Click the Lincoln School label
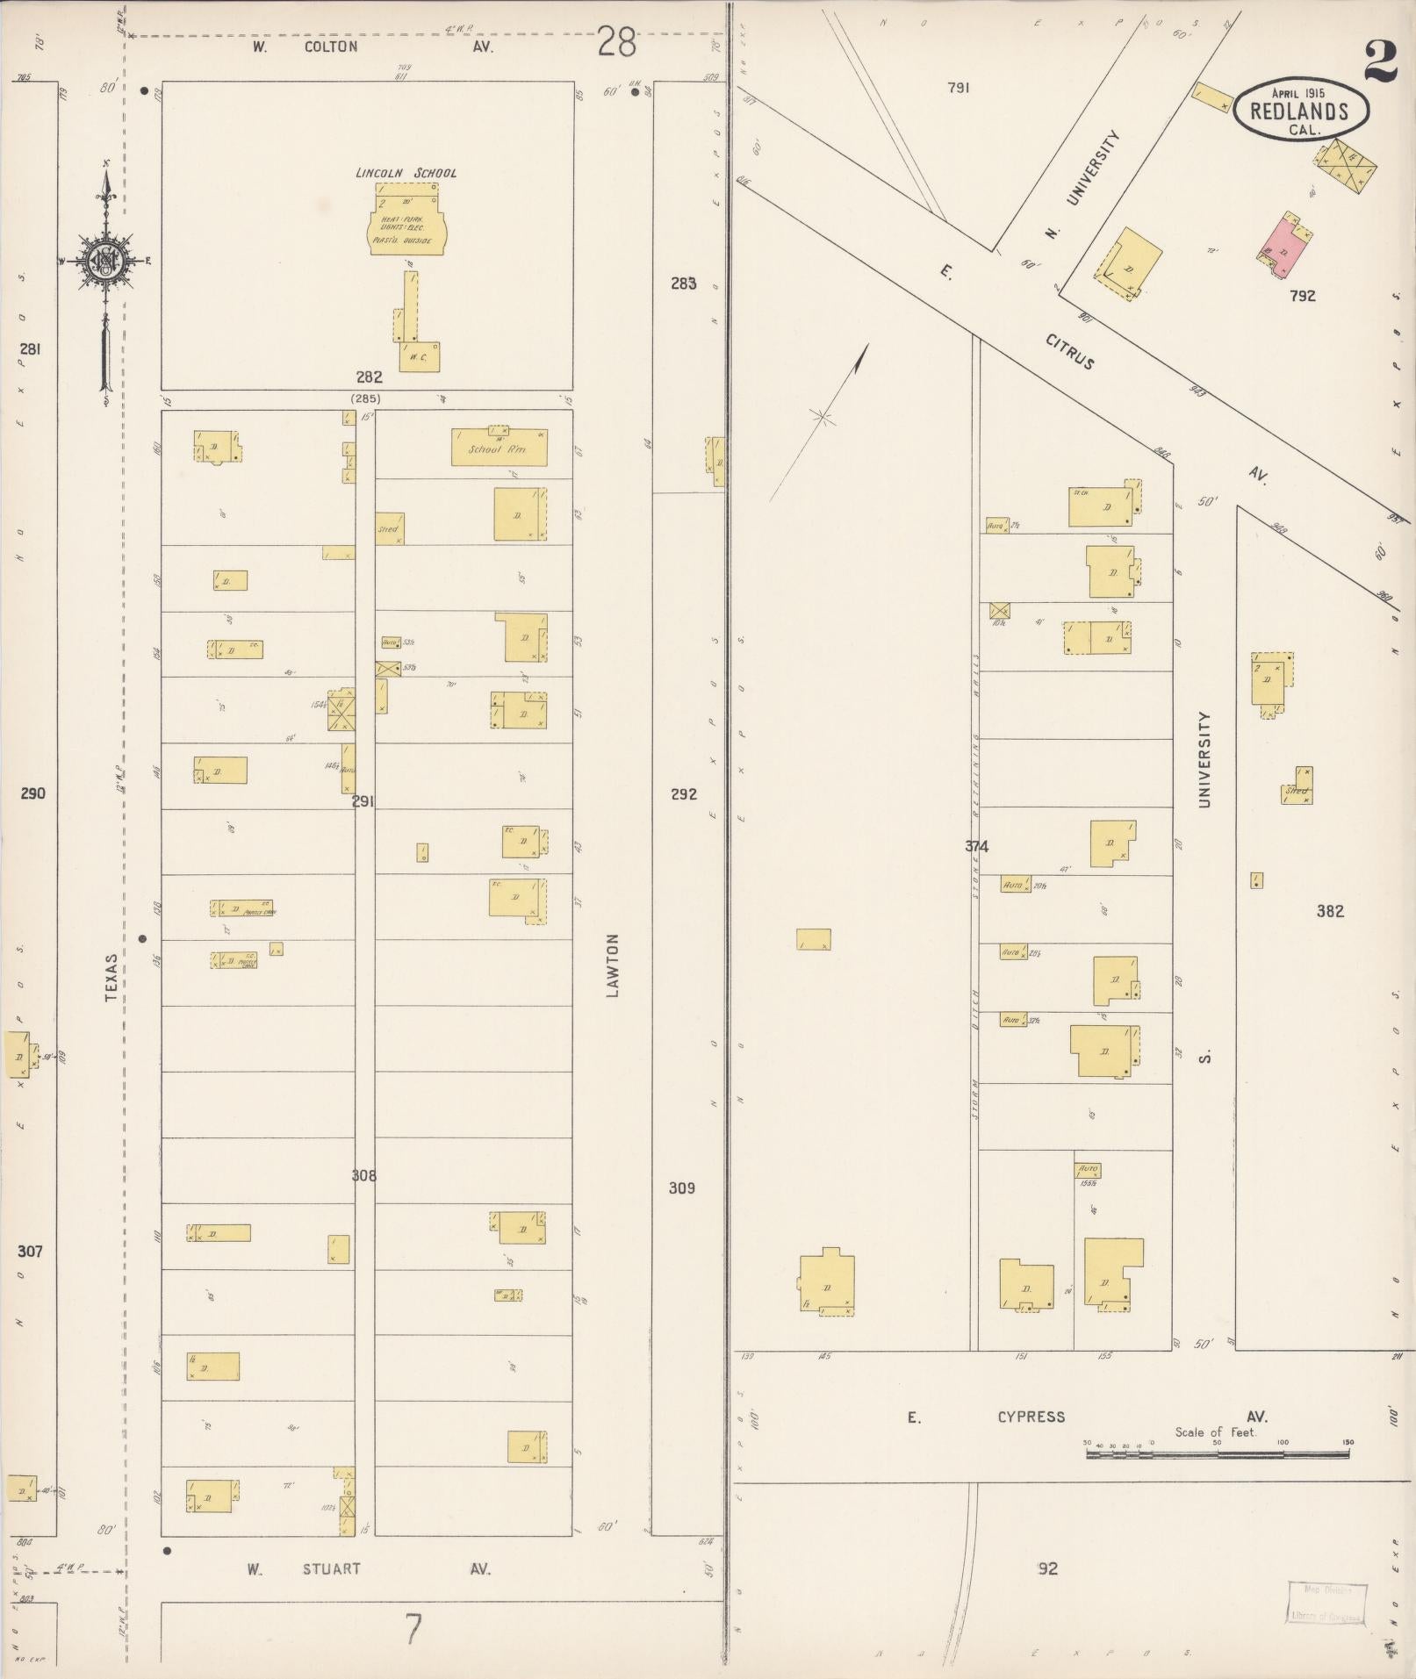pos(406,173)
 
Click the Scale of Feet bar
pos(1217,1454)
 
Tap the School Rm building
pos(499,448)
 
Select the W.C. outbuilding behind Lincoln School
pos(419,356)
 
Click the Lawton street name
pos(613,965)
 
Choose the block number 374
pos(976,846)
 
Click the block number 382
pos(1329,911)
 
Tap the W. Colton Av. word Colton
pos(331,47)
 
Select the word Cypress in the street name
pos(1031,1417)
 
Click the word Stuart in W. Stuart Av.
pos(331,1568)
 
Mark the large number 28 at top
pos(616,42)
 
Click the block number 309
pos(681,1187)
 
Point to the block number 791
pos(959,88)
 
